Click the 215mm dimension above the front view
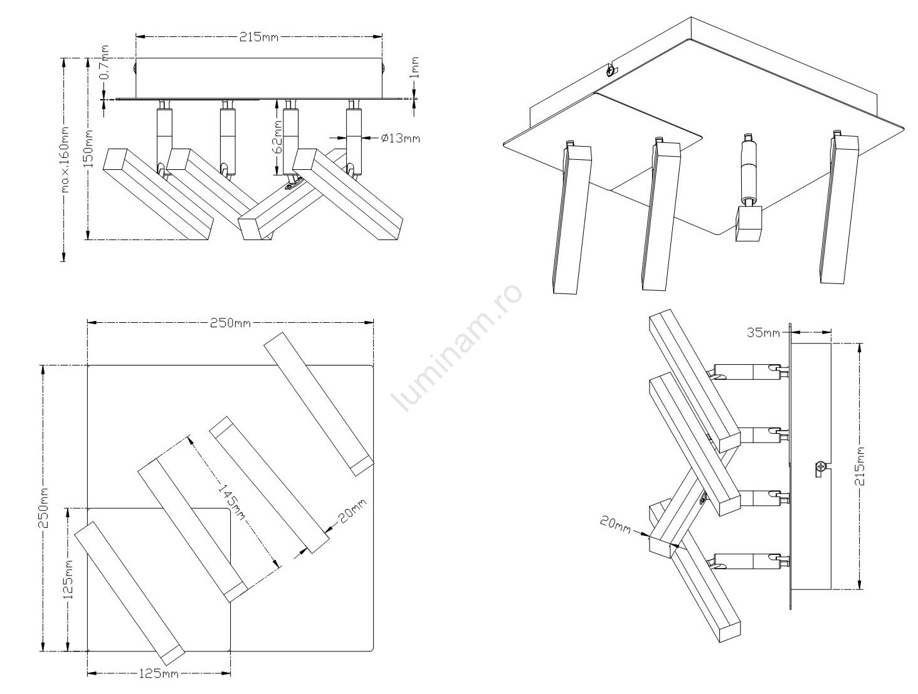coord(258,37)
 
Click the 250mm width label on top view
coord(229,323)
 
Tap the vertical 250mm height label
coord(43,508)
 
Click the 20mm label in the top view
coord(352,512)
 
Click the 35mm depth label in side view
coord(763,333)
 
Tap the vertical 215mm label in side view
coord(860,466)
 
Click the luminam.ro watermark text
coord(458,349)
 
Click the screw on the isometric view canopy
coord(609,71)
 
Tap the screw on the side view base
coord(820,467)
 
